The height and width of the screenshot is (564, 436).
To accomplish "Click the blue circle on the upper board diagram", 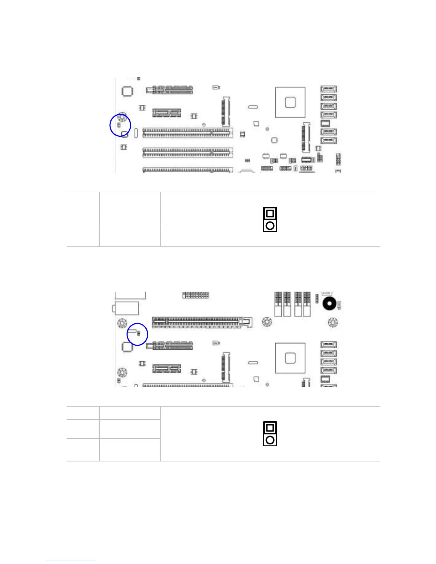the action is tap(120, 125).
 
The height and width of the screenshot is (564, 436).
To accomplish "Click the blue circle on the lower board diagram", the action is tap(137, 334).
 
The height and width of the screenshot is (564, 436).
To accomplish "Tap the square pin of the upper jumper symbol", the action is tap(270, 213).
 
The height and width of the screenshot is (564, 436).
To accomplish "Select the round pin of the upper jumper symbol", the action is tap(270, 225).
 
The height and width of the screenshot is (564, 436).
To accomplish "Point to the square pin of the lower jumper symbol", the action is tap(270, 428).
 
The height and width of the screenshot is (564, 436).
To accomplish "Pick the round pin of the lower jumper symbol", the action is tap(270, 440).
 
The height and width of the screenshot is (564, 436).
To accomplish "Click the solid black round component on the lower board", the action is tap(329, 304).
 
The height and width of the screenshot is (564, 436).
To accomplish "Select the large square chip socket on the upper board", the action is tap(290, 103).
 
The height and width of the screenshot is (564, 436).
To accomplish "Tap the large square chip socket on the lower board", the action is tap(290, 358).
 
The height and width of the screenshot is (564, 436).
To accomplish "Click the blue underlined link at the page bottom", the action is tap(71, 560).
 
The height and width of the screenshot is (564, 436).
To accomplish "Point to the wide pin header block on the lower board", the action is tap(196, 295).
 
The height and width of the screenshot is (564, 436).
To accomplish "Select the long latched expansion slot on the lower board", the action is tap(202, 323).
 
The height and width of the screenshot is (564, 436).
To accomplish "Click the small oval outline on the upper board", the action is tap(253, 107).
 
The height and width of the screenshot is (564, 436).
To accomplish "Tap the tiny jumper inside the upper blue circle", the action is tap(119, 125).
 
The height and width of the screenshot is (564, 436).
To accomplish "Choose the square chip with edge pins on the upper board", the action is tap(127, 91).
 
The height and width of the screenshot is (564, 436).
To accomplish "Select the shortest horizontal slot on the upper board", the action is tap(167, 113).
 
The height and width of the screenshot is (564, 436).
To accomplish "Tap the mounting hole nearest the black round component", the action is tap(332, 323).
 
